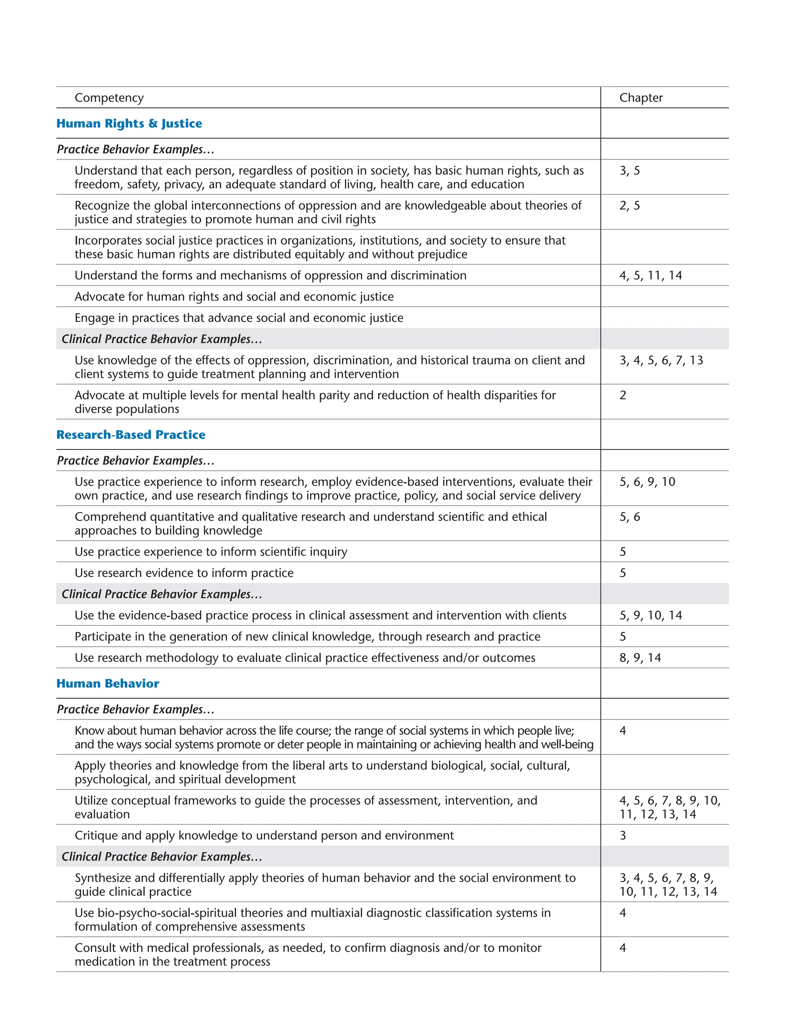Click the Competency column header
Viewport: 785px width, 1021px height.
coord(109,98)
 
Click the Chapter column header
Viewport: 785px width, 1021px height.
coord(640,98)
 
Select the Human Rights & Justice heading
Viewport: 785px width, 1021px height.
coord(129,124)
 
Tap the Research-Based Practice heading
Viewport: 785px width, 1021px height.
coord(130,435)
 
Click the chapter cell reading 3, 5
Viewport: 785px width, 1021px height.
coord(629,171)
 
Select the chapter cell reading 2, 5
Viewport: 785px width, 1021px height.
coord(629,206)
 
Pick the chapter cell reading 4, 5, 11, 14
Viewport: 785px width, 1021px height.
coord(650,275)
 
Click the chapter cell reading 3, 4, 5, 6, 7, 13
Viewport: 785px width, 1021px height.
coord(661,361)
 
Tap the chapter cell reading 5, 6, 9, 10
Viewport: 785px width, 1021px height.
coord(647,482)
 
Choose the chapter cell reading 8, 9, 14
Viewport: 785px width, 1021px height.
coord(640,658)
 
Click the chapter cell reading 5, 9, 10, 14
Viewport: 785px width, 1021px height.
coord(650,615)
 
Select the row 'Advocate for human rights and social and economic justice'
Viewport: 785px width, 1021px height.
coord(234,297)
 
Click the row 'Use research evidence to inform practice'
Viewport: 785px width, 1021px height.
coord(184,573)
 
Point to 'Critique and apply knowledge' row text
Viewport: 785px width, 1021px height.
coord(264,835)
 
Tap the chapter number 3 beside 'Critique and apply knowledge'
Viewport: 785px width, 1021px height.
coord(622,835)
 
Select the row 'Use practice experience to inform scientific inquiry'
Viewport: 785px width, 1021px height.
coord(211,552)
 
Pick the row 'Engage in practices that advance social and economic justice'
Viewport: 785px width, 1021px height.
coord(238,318)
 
